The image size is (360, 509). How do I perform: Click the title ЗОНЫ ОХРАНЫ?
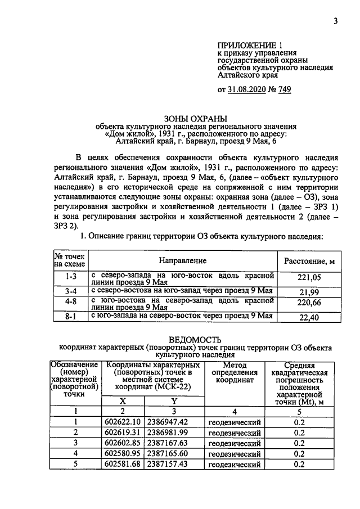(196, 119)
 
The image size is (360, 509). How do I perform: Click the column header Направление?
(182, 261)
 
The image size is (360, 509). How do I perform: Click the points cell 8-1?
(70, 317)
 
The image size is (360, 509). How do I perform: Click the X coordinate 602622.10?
(123, 422)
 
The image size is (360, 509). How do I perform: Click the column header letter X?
(123, 401)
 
